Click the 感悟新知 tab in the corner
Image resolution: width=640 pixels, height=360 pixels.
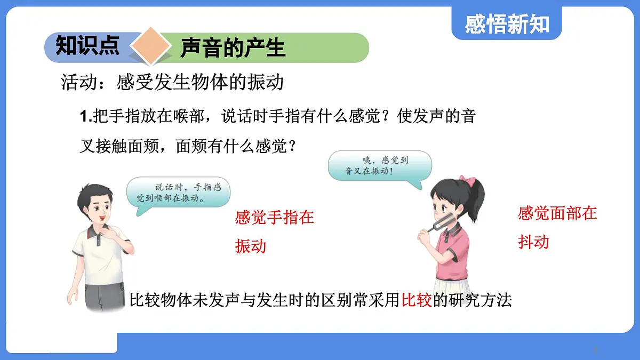pos(506,23)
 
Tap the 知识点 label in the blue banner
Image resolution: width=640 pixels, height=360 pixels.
pos(87,46)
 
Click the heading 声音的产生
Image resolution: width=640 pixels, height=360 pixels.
pos(233,48)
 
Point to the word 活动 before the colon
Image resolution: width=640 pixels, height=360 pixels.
pos(75,83)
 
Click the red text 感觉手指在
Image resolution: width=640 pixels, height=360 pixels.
pos(275,217)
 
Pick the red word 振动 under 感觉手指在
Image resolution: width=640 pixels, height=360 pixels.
pos(251,246)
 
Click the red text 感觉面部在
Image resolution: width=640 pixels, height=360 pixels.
pos(557,213)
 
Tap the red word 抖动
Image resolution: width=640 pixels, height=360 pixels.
pos(533,242)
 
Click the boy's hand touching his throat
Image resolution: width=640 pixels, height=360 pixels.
pos(113,232)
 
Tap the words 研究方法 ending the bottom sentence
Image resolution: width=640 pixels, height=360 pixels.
pos(481,300)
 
